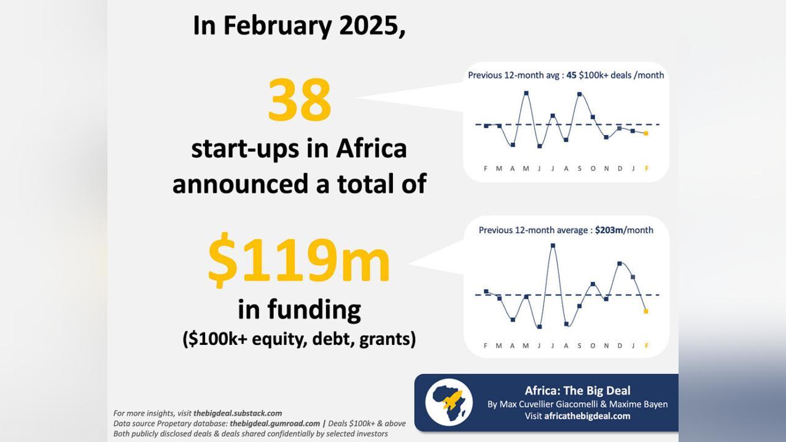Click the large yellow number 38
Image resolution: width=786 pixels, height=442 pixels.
299,99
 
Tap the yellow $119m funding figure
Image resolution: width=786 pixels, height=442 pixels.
298,260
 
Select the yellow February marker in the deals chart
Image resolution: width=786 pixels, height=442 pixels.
646,133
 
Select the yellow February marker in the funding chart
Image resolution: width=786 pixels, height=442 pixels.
646,311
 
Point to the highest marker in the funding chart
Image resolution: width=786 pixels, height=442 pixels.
553,246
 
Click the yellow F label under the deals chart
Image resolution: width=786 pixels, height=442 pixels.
647,169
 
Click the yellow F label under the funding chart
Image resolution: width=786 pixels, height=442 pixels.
647,346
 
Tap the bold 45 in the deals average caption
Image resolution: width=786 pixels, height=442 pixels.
571,76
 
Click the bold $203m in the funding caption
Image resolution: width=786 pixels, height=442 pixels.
609,230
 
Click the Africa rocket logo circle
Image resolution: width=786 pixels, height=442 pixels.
449,402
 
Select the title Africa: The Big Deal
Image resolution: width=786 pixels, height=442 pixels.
578,390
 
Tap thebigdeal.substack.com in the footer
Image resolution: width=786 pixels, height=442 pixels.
238,413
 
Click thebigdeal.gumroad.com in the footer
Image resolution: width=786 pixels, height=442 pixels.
274,424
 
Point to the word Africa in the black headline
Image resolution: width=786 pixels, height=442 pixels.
372,149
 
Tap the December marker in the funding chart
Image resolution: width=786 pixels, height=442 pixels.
620,263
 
